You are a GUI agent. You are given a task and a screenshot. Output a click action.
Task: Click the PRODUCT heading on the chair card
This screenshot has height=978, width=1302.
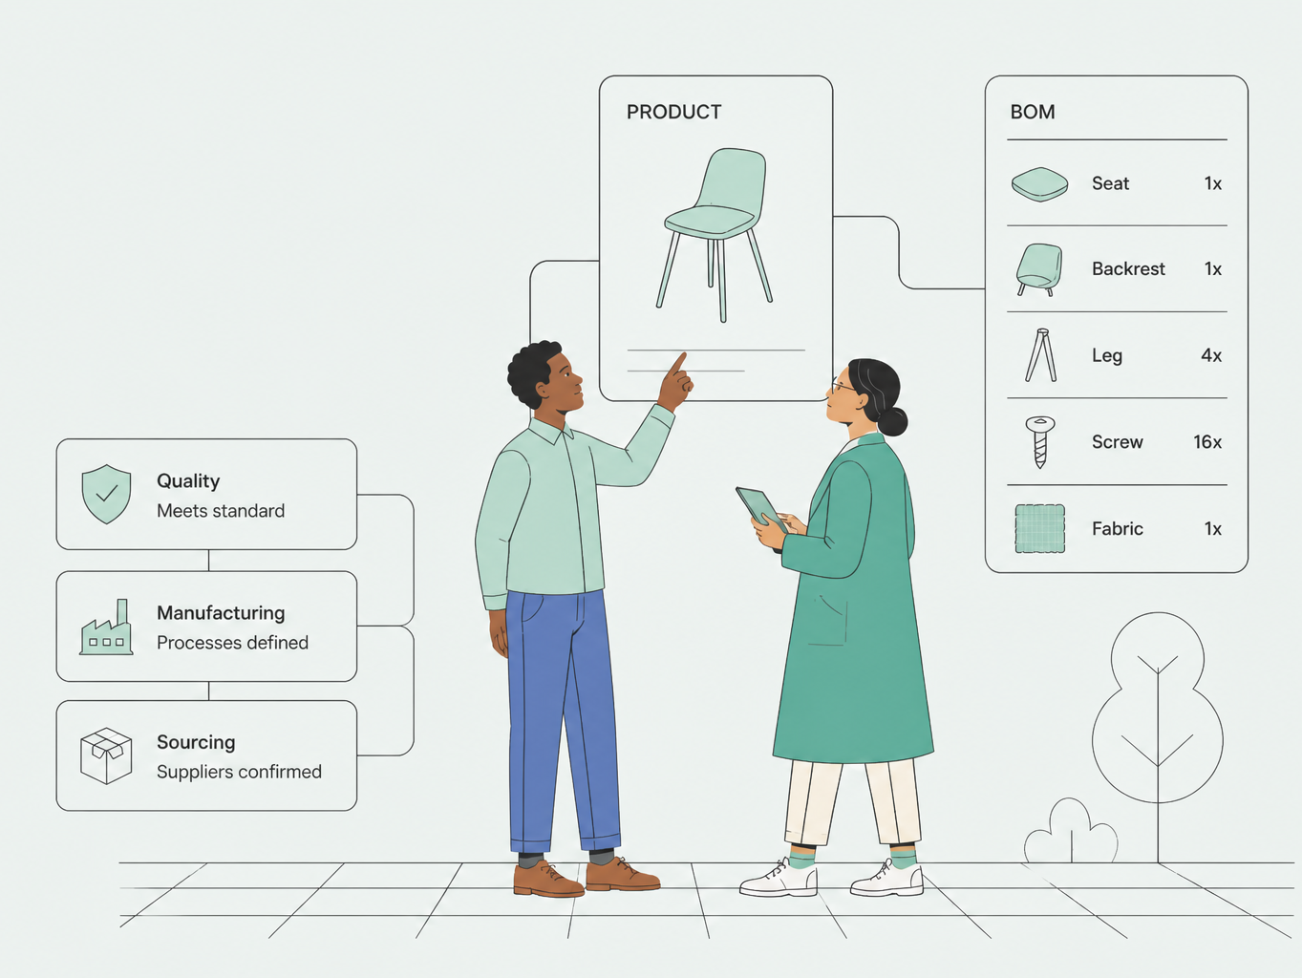click(x=673, y=112)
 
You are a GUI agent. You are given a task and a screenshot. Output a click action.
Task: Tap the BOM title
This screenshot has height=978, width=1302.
click(x=1033, y=112)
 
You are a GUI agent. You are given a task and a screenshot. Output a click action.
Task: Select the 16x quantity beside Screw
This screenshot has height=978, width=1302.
click(x=1207, y=442)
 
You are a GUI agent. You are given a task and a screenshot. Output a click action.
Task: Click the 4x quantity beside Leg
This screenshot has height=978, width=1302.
click(x=1211, y=355)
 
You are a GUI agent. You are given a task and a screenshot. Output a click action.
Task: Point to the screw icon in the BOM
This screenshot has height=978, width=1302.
click(x=1040, y=442)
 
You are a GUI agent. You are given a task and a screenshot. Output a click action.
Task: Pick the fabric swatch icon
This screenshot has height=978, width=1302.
click(x=1040, y=528)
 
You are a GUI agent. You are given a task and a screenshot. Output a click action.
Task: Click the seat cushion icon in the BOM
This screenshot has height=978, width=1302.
click(x=1040, y=184)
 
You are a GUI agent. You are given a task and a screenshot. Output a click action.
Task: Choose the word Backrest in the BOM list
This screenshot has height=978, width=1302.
click(x=1128, y=268)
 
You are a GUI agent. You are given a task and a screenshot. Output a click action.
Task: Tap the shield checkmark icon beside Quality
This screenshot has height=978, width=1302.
click(x=106, y=494)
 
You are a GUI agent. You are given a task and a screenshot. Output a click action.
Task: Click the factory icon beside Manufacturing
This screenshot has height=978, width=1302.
click(x=106, y=627)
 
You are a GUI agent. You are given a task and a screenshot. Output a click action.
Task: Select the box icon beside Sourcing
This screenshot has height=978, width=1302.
click(x=106, y=756)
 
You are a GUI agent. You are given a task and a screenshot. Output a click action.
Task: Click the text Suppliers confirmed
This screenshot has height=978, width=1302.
click(x=239, y=772)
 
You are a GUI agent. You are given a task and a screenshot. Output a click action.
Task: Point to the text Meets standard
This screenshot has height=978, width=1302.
click(x=221, y=511)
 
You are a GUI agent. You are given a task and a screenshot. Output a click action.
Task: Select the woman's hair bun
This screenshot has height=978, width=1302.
click(x=892, y=420)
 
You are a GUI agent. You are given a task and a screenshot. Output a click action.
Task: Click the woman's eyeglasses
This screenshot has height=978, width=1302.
click(x=843, y=386)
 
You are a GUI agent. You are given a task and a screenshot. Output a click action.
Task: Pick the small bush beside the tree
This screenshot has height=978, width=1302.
click(x=1071, y=832)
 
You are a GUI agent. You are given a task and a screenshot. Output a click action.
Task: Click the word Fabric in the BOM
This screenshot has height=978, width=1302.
click(x=1118, y=528)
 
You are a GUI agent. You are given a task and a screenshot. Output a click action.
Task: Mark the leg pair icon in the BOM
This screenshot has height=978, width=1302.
click(x=1041, y=354)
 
